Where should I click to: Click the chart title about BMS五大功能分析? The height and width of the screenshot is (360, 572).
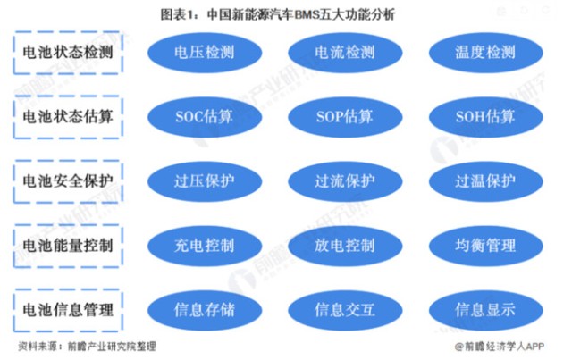[278, 14]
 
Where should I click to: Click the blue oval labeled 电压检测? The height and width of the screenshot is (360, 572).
[205, 53]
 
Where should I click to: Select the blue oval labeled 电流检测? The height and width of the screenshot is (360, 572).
[345, 53]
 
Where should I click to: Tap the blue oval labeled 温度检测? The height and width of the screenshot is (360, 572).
[486, 53]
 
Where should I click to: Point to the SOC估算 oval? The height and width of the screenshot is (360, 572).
[205, 117]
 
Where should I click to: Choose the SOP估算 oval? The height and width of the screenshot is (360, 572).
[345, 117]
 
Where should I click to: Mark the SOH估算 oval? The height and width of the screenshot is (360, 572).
[486, 117]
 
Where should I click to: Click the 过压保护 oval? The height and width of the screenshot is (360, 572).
[205, 181]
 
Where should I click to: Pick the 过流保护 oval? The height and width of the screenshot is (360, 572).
[345, 181]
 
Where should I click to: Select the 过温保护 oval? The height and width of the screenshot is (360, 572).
[486, 181]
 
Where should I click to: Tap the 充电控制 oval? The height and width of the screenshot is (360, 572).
[205, 246]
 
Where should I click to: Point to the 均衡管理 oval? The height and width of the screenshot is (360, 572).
[486, 246]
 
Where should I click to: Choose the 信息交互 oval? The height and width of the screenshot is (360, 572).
[345, 310]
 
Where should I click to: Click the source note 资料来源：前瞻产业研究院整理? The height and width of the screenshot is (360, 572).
[88, 346]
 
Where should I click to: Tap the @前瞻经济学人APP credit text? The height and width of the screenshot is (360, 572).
[499, 346]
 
